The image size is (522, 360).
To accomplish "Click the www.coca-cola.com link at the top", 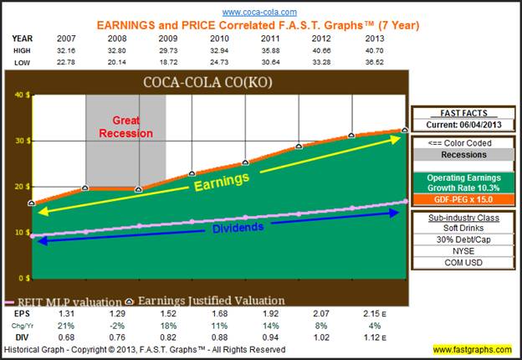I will tap(258, 12).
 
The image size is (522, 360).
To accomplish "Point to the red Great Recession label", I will tap(126, 126).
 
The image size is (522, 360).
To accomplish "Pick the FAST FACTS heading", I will tap(463, 112).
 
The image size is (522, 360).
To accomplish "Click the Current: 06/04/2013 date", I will tap(463, 125).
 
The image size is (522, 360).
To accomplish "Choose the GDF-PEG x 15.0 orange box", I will tap(463, 202).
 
